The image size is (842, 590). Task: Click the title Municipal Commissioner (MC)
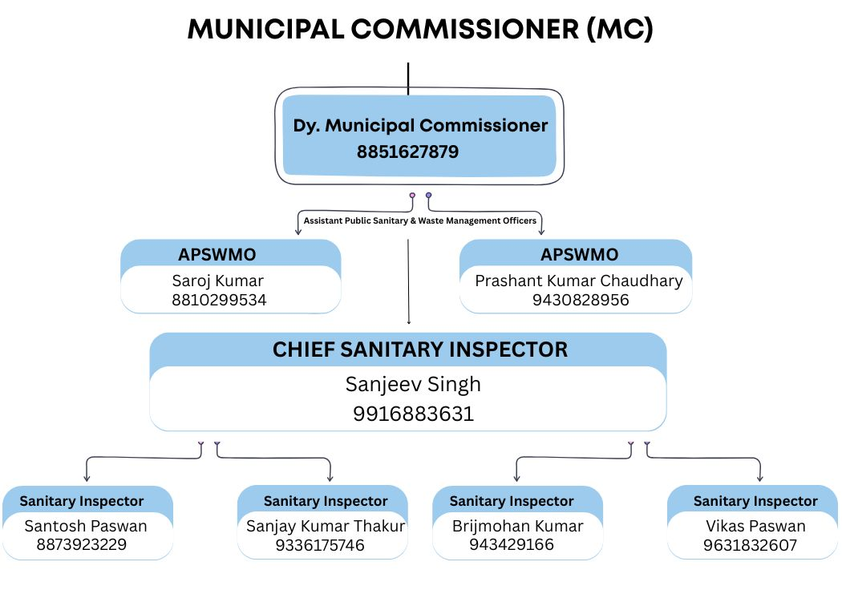pos(420,30)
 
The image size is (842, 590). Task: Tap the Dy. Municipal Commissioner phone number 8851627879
pos(407,152)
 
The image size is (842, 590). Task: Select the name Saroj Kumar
pos(217,281)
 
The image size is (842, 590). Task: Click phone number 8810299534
pos(219,300)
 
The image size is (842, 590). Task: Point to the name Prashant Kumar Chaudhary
pos(579,281)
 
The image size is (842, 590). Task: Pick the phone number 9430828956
pos(581,300)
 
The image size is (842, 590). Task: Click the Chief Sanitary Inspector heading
pos(420,350)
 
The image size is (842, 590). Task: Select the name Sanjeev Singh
pos(413,385)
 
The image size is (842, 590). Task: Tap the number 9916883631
pos(414,414)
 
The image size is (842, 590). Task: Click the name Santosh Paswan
pos(86,526)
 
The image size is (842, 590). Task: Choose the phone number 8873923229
pos(82,545)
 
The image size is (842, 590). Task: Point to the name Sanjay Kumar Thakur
pos(326,527)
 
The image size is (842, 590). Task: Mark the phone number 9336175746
pos(320,545)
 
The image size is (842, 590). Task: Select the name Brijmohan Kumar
pos(518,527)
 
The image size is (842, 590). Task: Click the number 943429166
pos(512,545)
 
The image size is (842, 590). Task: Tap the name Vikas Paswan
pos(755,526)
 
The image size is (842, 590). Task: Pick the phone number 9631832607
pos(750,545)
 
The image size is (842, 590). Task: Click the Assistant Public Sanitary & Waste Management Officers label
pos(420,220)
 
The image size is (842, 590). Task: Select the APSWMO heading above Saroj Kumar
pos(217,254)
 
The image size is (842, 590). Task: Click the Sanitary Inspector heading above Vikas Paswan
pos(755,501)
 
